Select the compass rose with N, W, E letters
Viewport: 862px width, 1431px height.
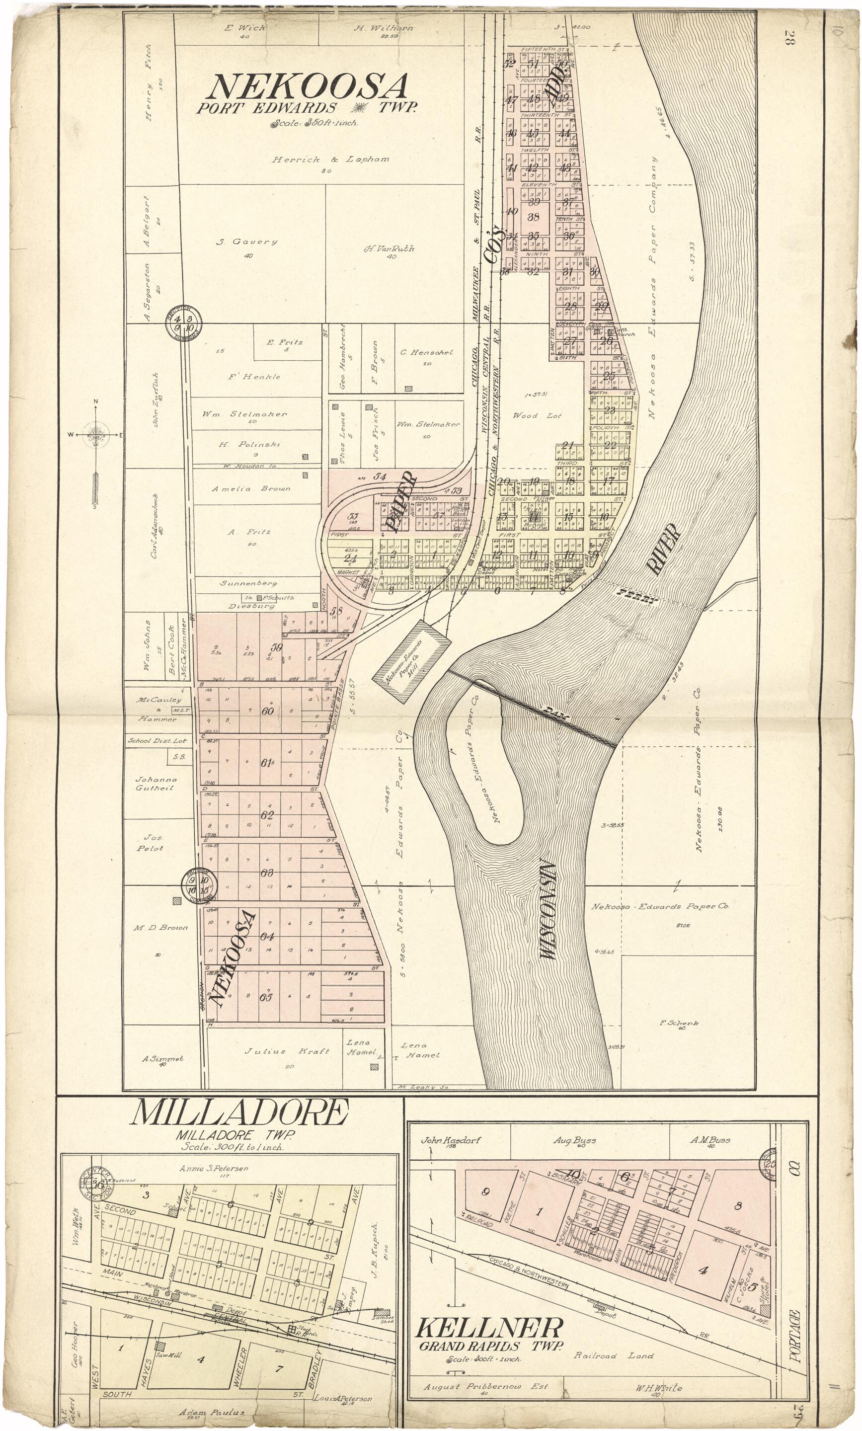(96, 434)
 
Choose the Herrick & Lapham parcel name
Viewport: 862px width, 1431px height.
(330, 159)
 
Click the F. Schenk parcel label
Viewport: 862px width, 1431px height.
(679, 1023)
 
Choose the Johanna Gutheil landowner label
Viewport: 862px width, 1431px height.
(156, 784)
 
